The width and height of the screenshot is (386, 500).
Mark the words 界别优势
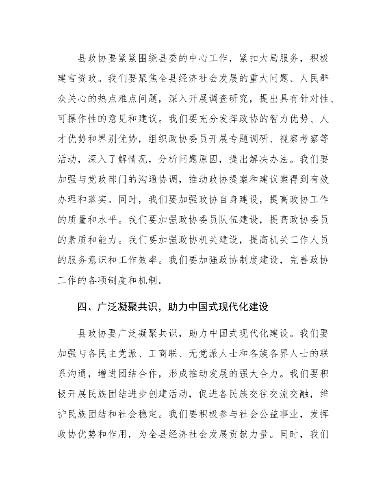coord(117,139)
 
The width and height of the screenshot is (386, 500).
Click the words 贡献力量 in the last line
coord(248,434)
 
